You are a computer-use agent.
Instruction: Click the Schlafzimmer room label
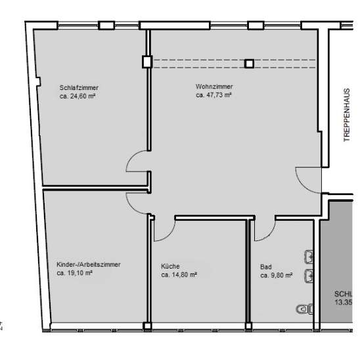pyautogui.click(x=79, y=87)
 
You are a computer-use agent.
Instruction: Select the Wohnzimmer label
pyautogui.click(x=214, y=87)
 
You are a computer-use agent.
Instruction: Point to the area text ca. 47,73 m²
pyautogui.click(x=214, y=95)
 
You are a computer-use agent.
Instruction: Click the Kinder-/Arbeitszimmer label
pyautogui.click(x=88, y=265)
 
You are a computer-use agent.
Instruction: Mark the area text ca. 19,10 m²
pyautogui.click(x=74, y=273)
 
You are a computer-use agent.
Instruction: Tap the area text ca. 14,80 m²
pyautogui.click(x=179, y=275)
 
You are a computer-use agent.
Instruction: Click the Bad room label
pyautogui.click(x=265, y=266)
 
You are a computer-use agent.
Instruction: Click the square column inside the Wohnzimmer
pyautogui.click(x=249, y=64)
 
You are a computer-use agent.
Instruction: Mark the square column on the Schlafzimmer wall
pyautogui.click(x=146, y=63)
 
